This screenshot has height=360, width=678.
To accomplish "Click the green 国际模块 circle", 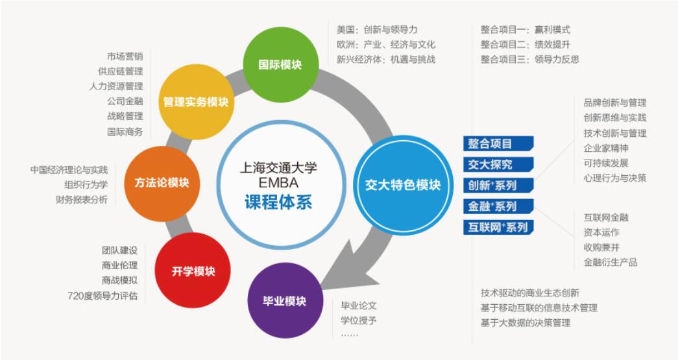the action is pyautogui.click(x=281, y=64).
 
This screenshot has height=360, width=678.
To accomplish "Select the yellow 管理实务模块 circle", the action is pyautogui.click(x=196, y=102).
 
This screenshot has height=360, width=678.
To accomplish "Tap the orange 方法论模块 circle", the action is pyautogui.click(x=162, y=183).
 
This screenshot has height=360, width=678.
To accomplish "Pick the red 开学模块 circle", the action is pyautogui.click(x=193, y=270).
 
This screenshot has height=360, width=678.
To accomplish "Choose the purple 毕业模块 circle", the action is pyautogui.click(x=285, y=301).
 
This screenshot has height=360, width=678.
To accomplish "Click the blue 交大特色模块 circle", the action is pyautogui.click(x=403, y=185).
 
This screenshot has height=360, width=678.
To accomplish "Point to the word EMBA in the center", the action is pyautogui.click(x=278, y=182).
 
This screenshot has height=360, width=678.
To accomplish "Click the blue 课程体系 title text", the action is pyautogui.click(x=278, y=202).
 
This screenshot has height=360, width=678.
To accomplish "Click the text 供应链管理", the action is pyautogui.click(x=120, y=71).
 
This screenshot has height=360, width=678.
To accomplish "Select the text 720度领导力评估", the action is pyautogui.click(x=103, y=296).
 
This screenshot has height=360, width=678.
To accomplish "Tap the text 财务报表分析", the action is pyautogui.click(x=81, y=200).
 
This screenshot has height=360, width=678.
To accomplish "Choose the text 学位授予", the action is pyautogui.click(x=358, y=320).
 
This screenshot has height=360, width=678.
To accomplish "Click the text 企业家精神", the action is pyautogui.click(x=606, y=149).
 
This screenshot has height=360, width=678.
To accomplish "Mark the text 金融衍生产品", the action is pyautogui.click(x=610, y=262).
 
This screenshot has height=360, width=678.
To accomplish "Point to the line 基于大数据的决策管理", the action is pyautogui.click(x=526, y=322).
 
